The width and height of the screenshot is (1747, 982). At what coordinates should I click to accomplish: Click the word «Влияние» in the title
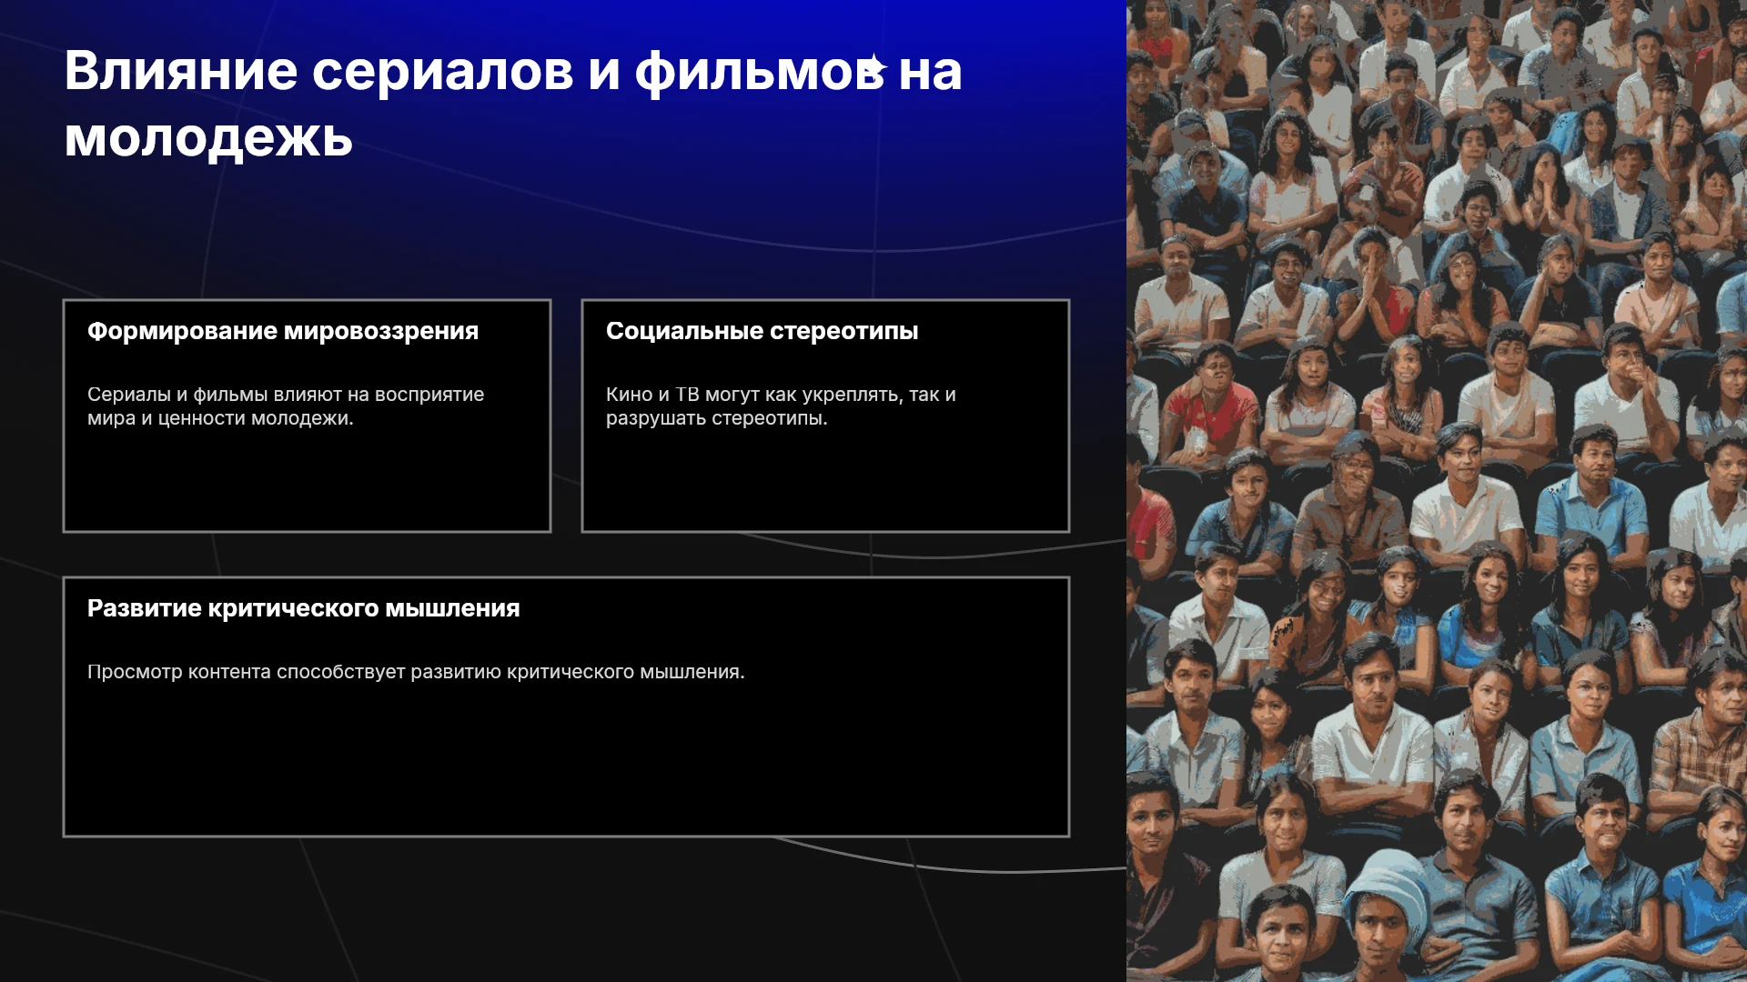coord(181,71)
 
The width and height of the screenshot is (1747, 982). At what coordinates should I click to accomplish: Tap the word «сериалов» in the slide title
coord(443,73)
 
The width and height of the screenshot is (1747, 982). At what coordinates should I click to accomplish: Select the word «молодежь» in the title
coord(208,138)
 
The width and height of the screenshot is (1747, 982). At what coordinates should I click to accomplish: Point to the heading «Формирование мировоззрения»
coord(283,331)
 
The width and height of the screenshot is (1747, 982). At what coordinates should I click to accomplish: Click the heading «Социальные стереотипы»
coord(762,331)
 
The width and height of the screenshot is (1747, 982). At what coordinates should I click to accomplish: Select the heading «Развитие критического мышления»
coord(304,608)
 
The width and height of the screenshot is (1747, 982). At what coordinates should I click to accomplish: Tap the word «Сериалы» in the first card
coord(129,395)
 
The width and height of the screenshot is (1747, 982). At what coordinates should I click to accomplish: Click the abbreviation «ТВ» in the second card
coord(687,395)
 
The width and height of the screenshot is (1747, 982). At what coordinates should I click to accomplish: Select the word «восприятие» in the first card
coord(429,396)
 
